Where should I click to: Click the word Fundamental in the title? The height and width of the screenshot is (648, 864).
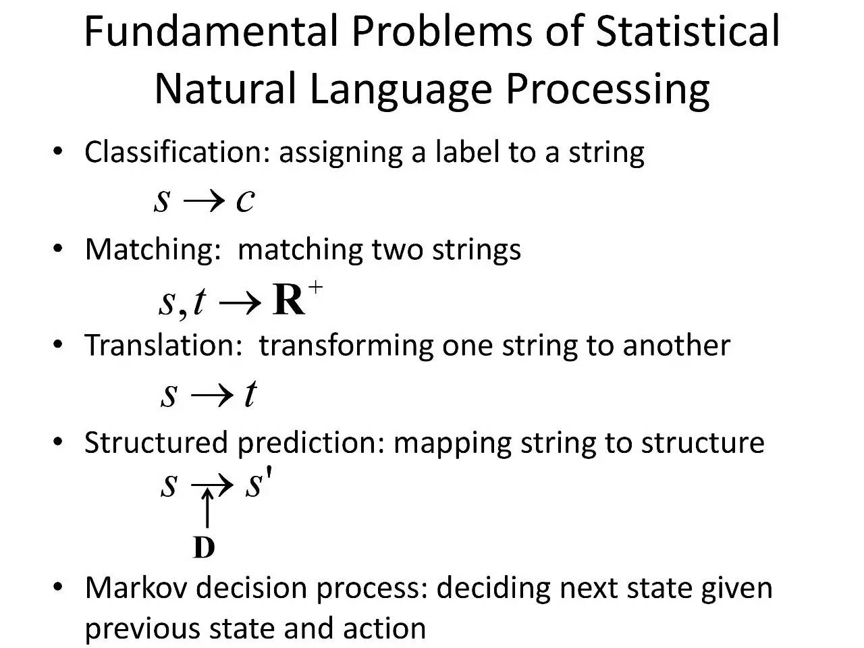tap(211, 31)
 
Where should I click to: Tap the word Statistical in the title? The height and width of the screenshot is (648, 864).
tap(687, 31)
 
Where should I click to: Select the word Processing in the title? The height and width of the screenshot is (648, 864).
tap(607, 90)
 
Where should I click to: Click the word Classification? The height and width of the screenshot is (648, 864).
tap(178, 152)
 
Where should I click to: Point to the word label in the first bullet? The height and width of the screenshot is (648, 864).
tap(467, 152)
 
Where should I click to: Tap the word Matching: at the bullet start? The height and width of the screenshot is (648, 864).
tap(153, 250)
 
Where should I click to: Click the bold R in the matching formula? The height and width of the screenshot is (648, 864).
tap(289, 300)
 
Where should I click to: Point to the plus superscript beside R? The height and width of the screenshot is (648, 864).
tap(316, 287)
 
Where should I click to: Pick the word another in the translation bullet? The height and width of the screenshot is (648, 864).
tap(676, 346)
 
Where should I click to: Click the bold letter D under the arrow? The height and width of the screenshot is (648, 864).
tap(204, 547)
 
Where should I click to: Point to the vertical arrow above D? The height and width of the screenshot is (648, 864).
tap(207, 508)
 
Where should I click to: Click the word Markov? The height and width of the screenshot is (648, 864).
tap(136, 589)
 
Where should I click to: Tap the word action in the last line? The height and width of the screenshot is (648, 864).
tap(384, 628)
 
